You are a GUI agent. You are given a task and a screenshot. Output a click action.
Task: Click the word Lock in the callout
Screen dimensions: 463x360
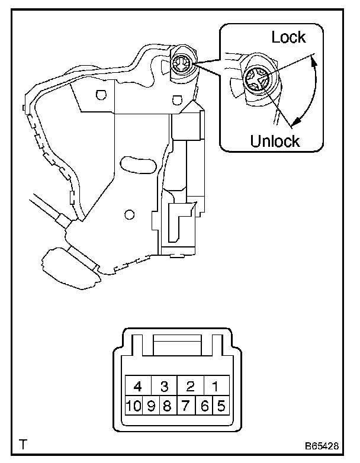click(288, 37)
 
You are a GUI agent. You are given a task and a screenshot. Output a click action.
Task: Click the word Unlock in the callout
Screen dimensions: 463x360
click(275, 141)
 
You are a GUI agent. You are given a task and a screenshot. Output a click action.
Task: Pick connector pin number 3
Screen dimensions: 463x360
click(165, 387)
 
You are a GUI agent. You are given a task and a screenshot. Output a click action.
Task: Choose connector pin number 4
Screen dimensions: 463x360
click(137, 387)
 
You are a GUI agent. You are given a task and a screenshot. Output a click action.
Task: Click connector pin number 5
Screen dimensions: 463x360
click(221, 407)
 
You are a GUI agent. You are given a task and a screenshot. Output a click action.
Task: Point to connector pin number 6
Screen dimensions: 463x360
click(205, 407)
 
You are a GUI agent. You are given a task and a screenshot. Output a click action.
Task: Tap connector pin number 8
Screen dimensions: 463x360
click(168, 407)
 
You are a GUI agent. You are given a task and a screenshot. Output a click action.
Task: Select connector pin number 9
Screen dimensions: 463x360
click(151, 407)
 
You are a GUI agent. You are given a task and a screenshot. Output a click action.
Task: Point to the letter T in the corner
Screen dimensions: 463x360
click(22, 443)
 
